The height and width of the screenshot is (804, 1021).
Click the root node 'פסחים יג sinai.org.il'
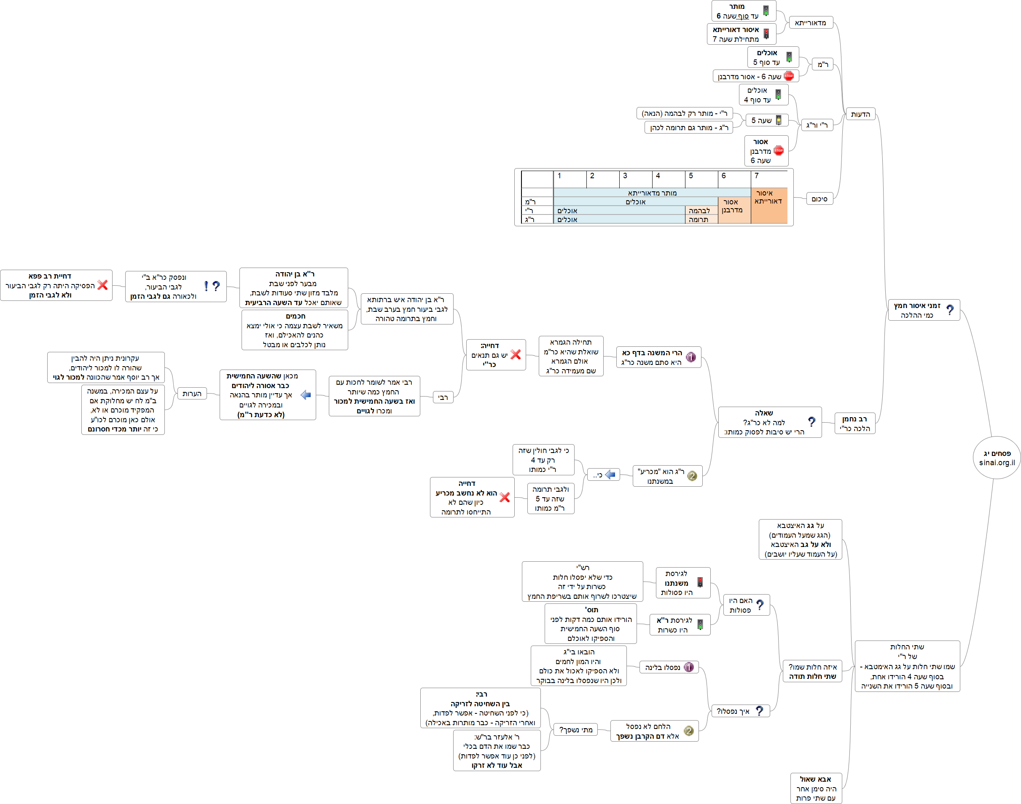point(997,458)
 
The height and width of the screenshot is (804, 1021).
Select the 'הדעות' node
point(860,114)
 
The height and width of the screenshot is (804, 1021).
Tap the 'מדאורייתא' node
point(810,23)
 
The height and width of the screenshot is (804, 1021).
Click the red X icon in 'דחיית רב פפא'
point(103,285)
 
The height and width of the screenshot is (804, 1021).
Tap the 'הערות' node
point(192,394)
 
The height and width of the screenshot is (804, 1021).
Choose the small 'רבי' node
point(443,398)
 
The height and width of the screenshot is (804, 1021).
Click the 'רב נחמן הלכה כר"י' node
point(854,423)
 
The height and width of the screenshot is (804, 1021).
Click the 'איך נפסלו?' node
point(739,711)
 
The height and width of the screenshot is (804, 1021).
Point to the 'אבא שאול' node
point(816,788)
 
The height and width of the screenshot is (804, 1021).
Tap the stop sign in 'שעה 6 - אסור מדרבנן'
point(789,76)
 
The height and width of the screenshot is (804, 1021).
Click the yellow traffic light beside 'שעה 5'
point(779,121)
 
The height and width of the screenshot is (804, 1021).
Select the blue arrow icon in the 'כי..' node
point(610,474)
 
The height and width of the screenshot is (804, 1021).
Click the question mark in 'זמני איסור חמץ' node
point(950,310)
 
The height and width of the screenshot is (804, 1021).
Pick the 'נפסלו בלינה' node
point(669,667)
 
